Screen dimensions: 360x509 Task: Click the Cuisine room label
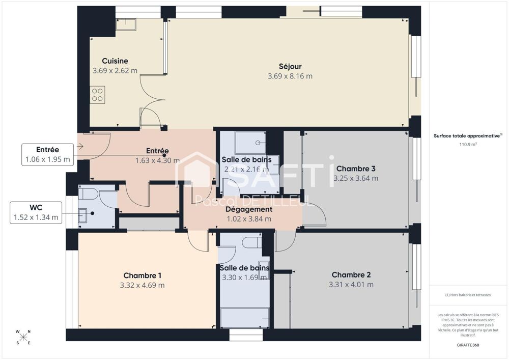click(115, 61)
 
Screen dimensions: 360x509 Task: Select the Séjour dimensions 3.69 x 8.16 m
click(290, 76)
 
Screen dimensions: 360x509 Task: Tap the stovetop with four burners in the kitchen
click(97, 95)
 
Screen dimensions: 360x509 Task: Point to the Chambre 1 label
click(142, 275)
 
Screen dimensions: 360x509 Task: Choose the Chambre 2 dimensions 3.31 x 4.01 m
click(351, 285)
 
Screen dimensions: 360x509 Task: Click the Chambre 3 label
click(356, 169)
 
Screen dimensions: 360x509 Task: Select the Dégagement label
click(249, 209)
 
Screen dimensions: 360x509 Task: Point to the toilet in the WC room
click(89, 195)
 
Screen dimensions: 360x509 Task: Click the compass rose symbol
click(23, 337)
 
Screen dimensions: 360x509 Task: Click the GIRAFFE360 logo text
click(468, 345)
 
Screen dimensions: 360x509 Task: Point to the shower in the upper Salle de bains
click(250, 143)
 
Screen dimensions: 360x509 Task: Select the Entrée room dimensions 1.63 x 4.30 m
click(157, 160)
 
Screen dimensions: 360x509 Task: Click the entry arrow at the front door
click(80, 147)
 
